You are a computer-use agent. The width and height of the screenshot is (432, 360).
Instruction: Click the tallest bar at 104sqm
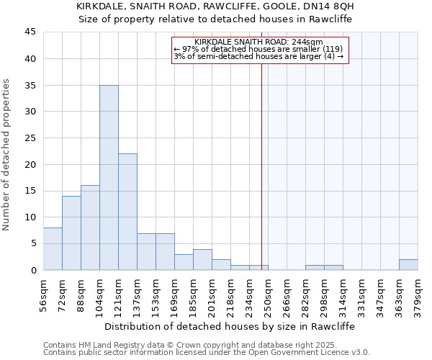pyautogui.click(x=109, y=178)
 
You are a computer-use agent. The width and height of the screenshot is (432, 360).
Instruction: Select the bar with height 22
pyautogui.click(x=127, y=212)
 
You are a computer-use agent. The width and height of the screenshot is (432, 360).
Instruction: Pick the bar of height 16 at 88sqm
pyautogui.click(x=90, y=228)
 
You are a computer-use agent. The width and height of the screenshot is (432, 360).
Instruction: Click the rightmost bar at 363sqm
pyautogui.click(x=408, y=265)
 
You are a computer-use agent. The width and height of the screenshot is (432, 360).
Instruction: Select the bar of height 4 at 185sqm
pyautogui.click(x=202, y=260)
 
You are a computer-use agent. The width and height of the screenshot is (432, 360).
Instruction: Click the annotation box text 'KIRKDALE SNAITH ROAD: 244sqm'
pyautogui.click(x=258, y=42)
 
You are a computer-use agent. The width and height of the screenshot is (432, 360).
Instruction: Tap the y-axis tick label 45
pyautogui.click(x=30, y=32)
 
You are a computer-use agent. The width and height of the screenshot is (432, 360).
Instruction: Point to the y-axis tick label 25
pyautogui.click(x=30, y=138)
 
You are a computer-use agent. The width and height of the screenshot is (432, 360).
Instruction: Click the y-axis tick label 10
pyautogui.click(x=30, y=217)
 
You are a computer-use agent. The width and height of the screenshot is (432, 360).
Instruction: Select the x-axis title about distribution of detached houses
pyautogui.click(x=230, y=326)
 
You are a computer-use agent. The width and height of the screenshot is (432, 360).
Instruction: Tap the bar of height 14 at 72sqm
pyautogui.click(x=71, y=233)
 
